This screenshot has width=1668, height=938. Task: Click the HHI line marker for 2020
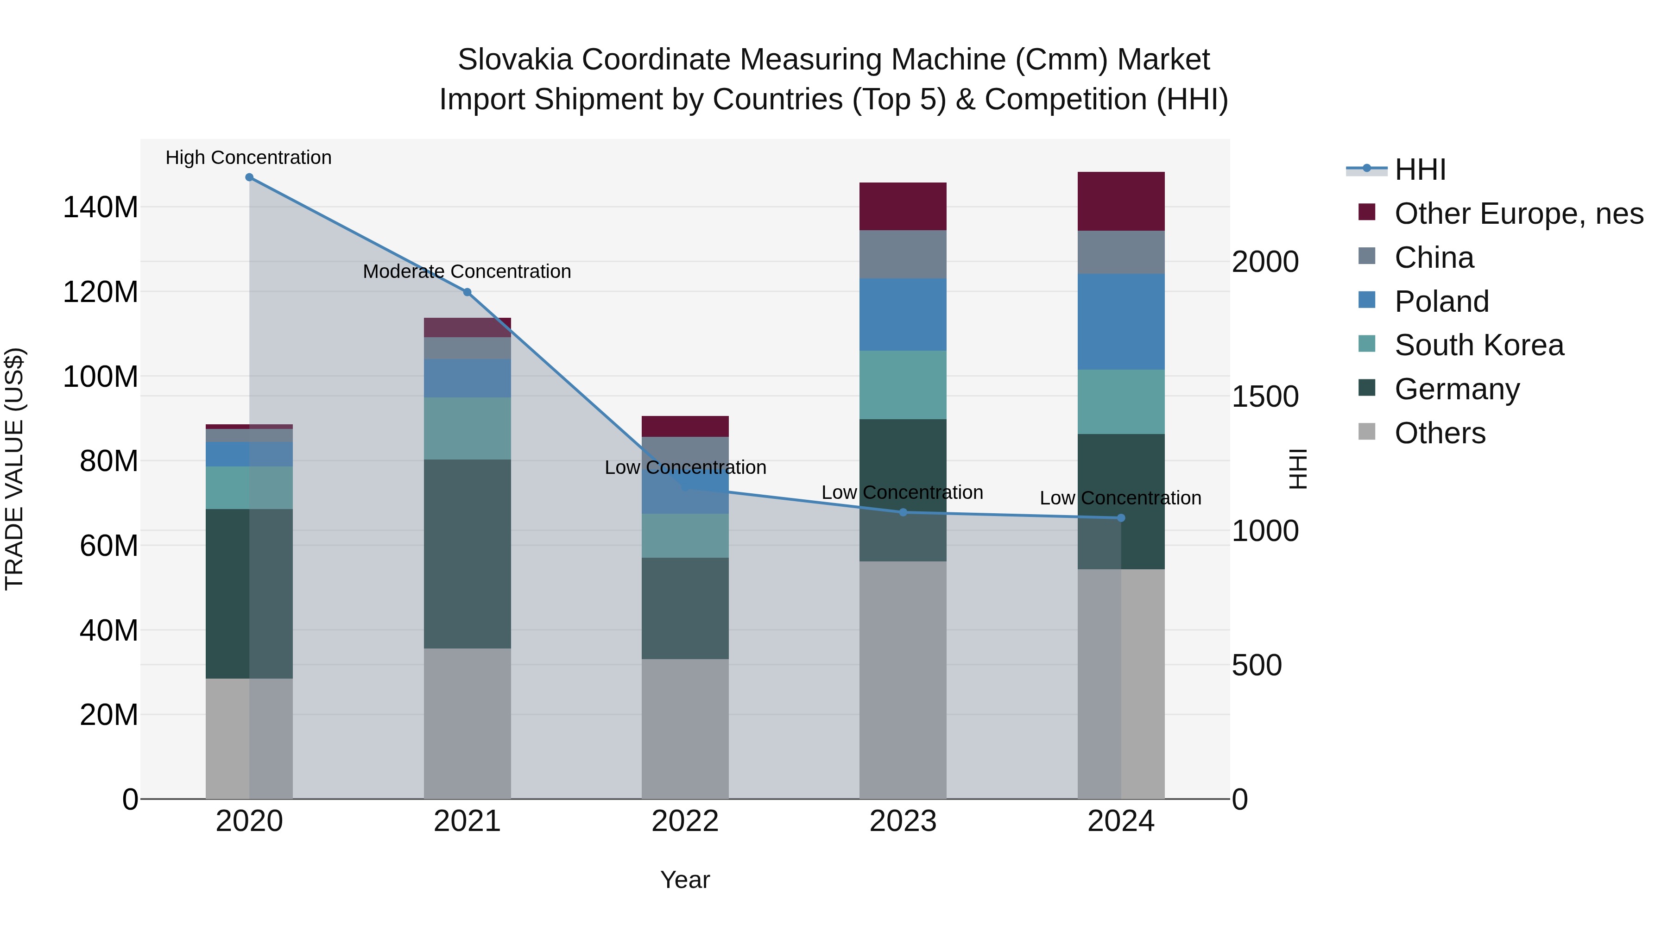249,177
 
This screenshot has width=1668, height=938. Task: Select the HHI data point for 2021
468,292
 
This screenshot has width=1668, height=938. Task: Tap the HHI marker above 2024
1121,518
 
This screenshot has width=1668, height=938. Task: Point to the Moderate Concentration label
467,271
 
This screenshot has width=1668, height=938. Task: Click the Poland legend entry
1441,302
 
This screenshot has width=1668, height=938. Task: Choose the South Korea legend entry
1478,345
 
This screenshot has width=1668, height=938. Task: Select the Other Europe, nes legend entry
1518,214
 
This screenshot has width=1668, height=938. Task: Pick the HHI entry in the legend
1420,170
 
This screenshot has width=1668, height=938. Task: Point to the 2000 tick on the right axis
1264,262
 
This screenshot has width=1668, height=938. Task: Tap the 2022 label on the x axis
685,821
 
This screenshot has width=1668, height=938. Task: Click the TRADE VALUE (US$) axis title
14,469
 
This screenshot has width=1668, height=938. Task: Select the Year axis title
685,880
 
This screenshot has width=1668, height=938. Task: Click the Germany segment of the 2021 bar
468,554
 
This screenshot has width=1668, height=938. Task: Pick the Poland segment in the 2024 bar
1121,322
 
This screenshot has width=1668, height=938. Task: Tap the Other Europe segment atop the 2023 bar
903,206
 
